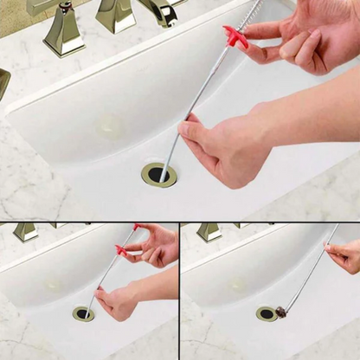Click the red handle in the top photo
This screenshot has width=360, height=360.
click(x=235, y=36)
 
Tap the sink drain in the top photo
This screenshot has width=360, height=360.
click(x=159, y=174)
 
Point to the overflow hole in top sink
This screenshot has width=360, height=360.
click(x=110, y=125)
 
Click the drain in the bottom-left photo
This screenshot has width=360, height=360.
click(x=83, y=313)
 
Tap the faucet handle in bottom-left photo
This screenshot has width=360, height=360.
click(x=26, y=231)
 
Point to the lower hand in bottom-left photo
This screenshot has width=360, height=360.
click(x=119, y=301)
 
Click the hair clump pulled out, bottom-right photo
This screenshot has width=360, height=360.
click(x=281, y=312)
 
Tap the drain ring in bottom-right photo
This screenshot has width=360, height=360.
click(x=266, y=313)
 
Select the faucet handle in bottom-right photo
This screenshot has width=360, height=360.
click(x=209, y=231)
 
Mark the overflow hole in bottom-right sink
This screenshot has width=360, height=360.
click(x=238, y=284)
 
